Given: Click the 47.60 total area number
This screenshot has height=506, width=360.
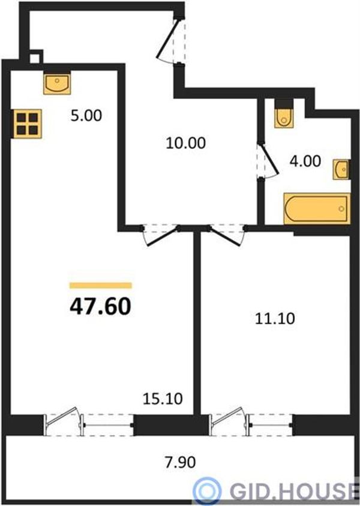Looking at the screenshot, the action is [x=100, y=306].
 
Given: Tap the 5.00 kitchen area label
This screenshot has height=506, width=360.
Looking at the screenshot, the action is [x=86, y=115].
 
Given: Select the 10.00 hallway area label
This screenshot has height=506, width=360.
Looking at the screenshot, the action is [x=185, y=143].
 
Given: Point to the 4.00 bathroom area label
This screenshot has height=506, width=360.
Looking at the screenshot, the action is [x=305, y=161].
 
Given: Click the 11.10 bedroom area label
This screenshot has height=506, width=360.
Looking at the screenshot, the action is [x=275, y=319].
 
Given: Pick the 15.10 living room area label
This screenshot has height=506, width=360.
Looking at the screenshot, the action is [x=163, y=399].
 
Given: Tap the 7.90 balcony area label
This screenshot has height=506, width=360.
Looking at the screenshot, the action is [x=180, y=462].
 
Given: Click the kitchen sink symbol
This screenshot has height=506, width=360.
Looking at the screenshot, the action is [x=57, y=83].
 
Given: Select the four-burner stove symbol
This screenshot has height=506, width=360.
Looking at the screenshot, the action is [x=28, y=124].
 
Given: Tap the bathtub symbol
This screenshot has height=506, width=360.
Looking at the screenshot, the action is [x=317, y=208].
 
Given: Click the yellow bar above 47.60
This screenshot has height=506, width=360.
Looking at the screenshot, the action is [x=101, y=285].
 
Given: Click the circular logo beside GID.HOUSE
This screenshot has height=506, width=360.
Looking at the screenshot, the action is [x=208, y=490].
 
